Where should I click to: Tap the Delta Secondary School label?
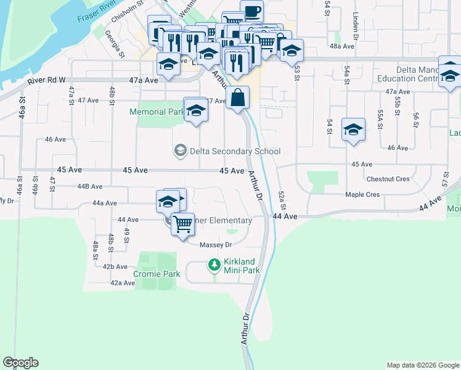[x=235, y=151]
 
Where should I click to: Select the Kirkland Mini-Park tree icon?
[x=214, y=265]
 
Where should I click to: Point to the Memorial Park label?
[x=157, y=112]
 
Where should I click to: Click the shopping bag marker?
[x=238, y=97]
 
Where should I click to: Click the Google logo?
[x=20, y=363]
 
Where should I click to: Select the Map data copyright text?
[x=422, y=365]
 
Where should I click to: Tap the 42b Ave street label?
[x=115, y=266]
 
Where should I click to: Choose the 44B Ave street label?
[x=89, y=186]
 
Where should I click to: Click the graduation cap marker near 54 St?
[x=353, y=129]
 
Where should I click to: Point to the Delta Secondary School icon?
[x=181, y=151]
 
